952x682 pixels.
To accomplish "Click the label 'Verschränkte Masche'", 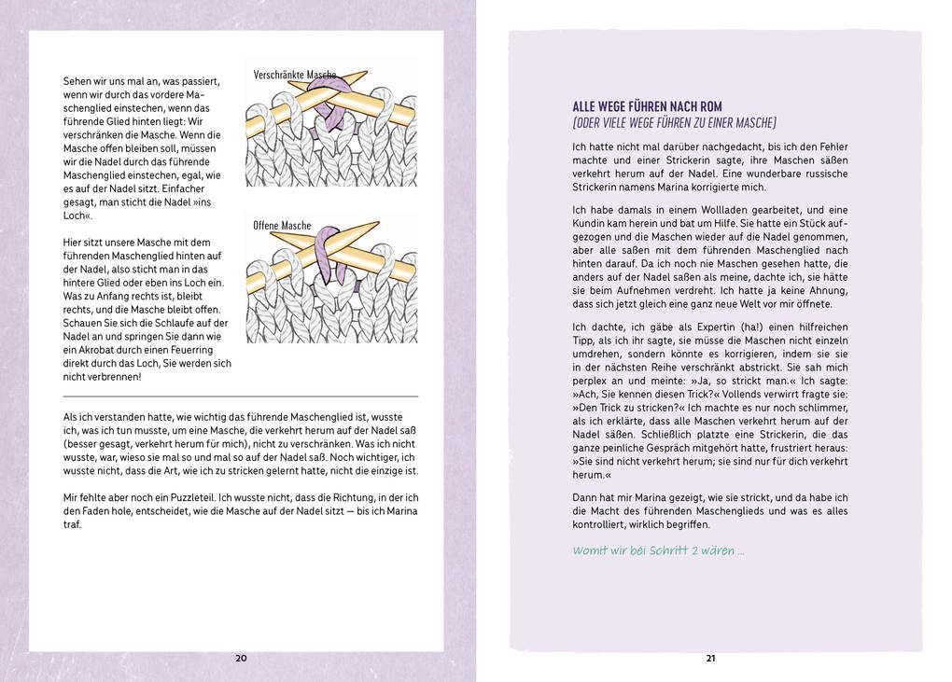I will tap(295, 74).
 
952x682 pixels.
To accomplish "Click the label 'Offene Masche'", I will tap(282, 226).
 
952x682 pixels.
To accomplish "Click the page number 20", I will tap(241, 659).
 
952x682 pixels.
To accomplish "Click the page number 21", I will tap(710, 659).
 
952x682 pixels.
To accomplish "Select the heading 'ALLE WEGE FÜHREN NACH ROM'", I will tap(647, 106).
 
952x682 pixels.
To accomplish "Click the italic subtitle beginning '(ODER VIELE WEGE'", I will tap(674, 123).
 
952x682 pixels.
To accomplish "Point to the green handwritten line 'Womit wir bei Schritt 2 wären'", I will tap(658, 550).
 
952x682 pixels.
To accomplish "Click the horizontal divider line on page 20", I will tap(241, 397).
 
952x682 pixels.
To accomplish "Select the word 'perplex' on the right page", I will tap(592, 382).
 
